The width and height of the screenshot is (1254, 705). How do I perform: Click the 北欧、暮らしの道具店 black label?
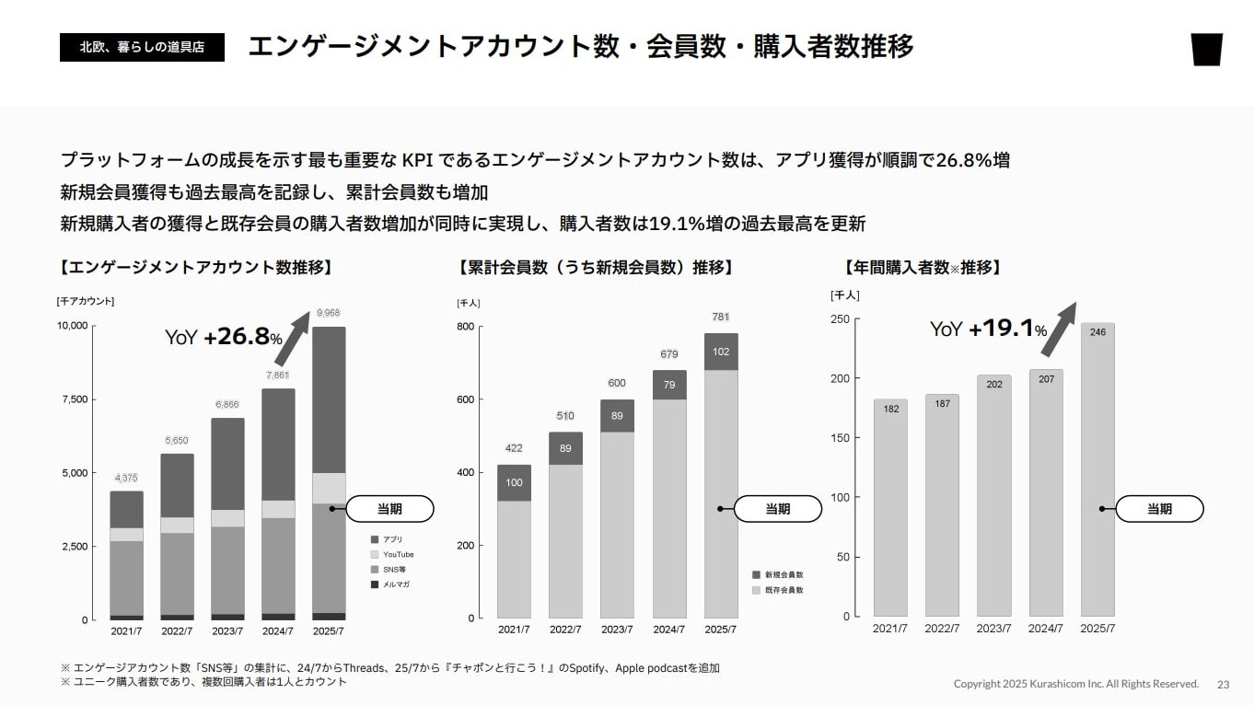tap(142, 46)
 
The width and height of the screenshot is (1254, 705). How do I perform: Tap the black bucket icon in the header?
tap(1206, 49)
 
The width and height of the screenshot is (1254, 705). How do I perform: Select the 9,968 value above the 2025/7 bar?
tap(328, 313)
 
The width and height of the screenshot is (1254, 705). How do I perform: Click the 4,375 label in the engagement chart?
tap(126, 478)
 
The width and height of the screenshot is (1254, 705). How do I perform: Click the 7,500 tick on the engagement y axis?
tap(72, 399)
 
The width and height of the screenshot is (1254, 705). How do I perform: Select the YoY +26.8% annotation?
tap(224, 337)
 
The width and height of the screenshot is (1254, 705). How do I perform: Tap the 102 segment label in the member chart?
tap(721, 352)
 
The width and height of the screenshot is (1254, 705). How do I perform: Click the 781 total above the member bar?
tap(721, 317)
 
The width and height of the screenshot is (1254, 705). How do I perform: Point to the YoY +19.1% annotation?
tap(988, 329)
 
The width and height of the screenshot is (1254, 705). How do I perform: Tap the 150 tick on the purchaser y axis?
tap(840, 438)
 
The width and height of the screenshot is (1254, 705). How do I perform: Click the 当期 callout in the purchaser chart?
tap(1159, 509)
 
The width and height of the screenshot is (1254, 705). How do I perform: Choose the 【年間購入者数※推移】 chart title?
tap(923, 268)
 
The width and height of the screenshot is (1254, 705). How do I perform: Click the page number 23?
tap(1224, 684)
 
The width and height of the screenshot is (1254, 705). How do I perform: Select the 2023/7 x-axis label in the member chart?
tap(617, 630)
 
